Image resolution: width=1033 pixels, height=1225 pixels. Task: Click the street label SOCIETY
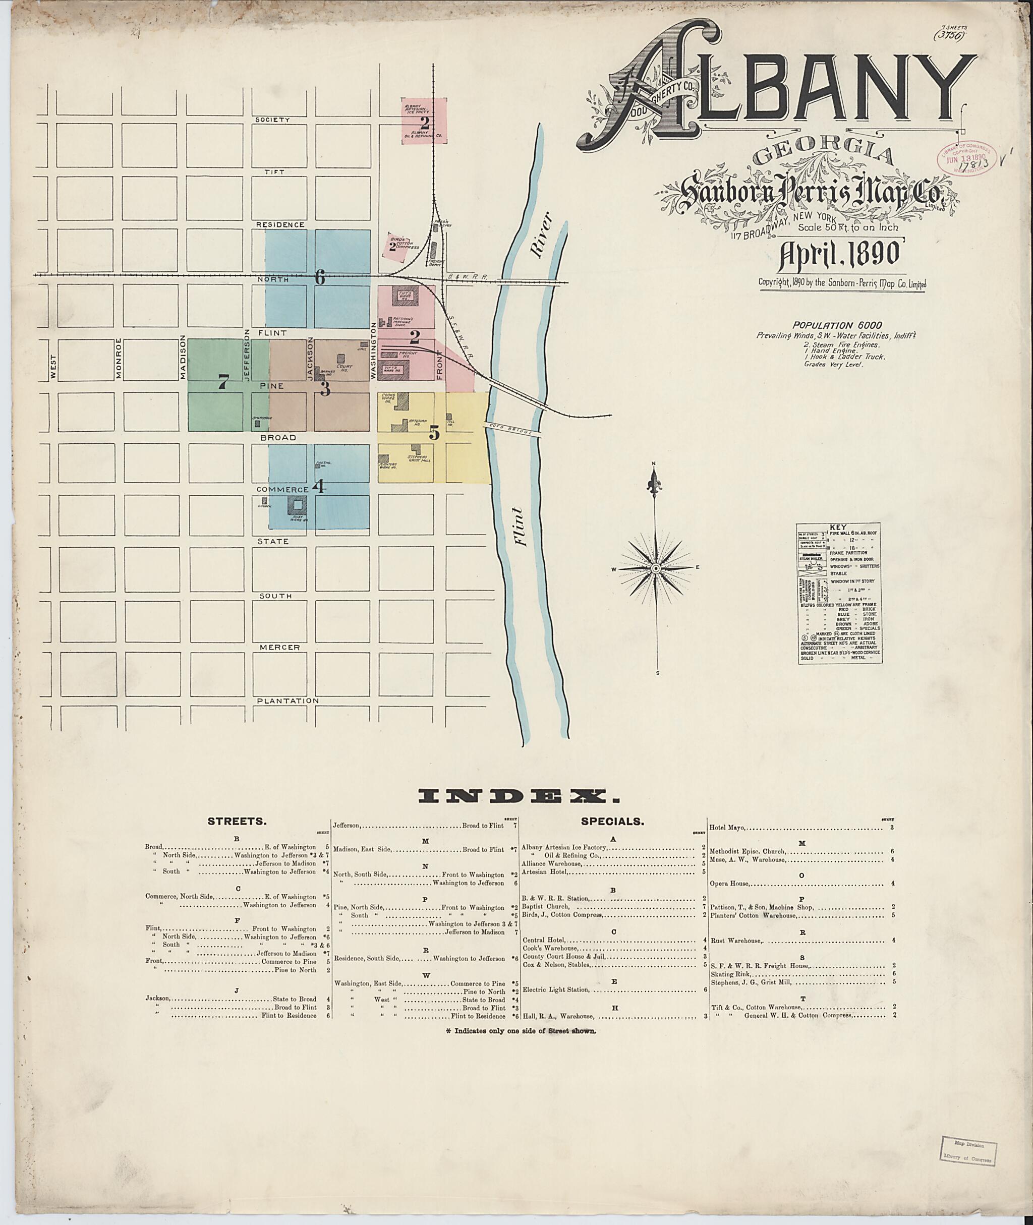tap(272, 120)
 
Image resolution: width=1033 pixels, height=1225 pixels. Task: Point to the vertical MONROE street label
tap(119, 359)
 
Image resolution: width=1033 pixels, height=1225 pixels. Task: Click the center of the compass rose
tap(656, 568)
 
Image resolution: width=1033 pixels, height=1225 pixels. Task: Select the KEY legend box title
tap(839, 527)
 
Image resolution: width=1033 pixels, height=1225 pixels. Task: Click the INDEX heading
tap(520, 796)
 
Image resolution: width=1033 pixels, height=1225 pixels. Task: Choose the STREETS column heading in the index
tap(237, 822)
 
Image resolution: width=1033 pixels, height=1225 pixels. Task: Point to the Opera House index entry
tap(730, 883)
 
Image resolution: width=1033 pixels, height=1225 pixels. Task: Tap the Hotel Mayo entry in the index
tap(727, 828)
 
